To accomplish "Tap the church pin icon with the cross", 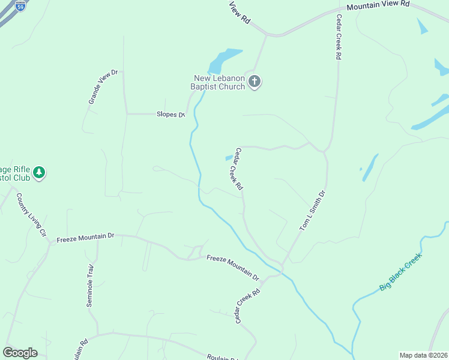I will coord(255,82).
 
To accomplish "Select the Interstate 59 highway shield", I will coord(21,7).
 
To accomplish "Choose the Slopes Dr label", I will coord(170,114).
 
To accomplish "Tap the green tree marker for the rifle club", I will coord(40,173).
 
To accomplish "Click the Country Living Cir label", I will coord(31,215).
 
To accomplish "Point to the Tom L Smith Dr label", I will coord(312,211).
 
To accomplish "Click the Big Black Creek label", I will coord(400,272).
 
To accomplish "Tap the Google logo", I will coord(20,353).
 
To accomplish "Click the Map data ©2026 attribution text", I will coord(423,355).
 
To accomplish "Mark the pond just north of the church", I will coord(223,59).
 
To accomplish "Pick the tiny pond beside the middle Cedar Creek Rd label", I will coord(229,158).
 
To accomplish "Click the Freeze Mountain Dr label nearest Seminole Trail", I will coord(85,238).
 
